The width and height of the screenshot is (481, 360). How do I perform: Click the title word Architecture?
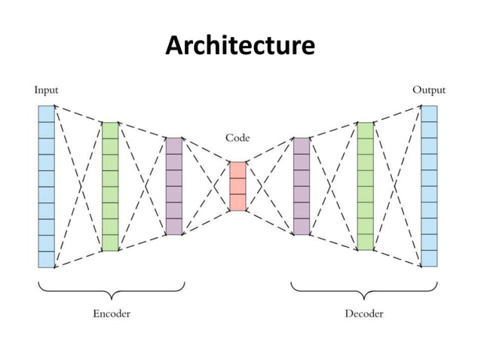pos(240,47)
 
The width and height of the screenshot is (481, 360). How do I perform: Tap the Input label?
pos(46,90)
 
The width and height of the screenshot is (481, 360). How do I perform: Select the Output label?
pos(428,90)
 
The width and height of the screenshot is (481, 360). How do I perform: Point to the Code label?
pos(237,139)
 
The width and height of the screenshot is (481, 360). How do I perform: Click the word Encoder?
pos(111,313)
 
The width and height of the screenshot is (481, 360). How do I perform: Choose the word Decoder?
pos(364,313)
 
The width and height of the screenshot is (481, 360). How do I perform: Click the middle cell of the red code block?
pos(237,186)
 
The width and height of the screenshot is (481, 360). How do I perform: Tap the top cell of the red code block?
pos(237,169)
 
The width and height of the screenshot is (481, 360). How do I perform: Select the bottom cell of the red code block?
pos(237,203)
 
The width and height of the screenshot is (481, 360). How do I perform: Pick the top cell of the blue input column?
pos(46,114)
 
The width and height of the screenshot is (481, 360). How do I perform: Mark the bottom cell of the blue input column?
pos(46,259)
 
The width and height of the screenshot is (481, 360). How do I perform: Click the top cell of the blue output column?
pos(429,114)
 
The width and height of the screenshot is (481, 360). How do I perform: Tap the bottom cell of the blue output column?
pos(429,259)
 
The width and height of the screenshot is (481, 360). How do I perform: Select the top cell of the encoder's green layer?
pos(110,130)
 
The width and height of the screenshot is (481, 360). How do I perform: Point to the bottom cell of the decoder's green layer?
pos(365,243)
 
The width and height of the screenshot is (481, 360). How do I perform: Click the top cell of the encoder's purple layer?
pos(173,145)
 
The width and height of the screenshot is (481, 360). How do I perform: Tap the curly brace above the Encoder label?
pos(111,290)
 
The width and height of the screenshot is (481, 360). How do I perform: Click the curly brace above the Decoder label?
pos(365,290)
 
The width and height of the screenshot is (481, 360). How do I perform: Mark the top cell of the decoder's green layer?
pos(365,130)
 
